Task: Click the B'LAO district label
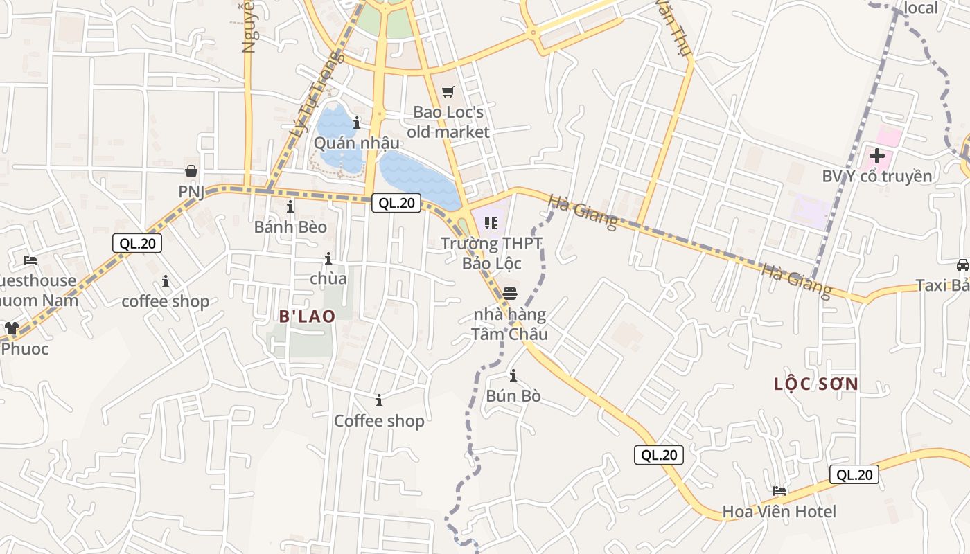(307, 316)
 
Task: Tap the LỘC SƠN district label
(815, 384)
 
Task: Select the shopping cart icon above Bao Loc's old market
(448, 91)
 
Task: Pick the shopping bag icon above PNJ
(191, 170)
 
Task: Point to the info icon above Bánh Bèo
(290, 206)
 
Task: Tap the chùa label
(328, 278)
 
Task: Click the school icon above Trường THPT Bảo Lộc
(491, 223)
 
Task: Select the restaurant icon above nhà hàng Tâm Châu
(510, 294)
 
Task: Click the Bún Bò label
(513, 397)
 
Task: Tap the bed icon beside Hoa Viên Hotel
(779, 491)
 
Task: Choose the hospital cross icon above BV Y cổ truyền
(877, 156)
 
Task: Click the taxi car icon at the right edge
(962, 265)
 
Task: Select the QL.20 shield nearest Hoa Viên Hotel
(854, 474)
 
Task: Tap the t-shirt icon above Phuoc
(12, 328)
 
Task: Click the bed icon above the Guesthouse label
(30, 260)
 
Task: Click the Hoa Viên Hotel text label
(779, 512)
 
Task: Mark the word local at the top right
(921, 8)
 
